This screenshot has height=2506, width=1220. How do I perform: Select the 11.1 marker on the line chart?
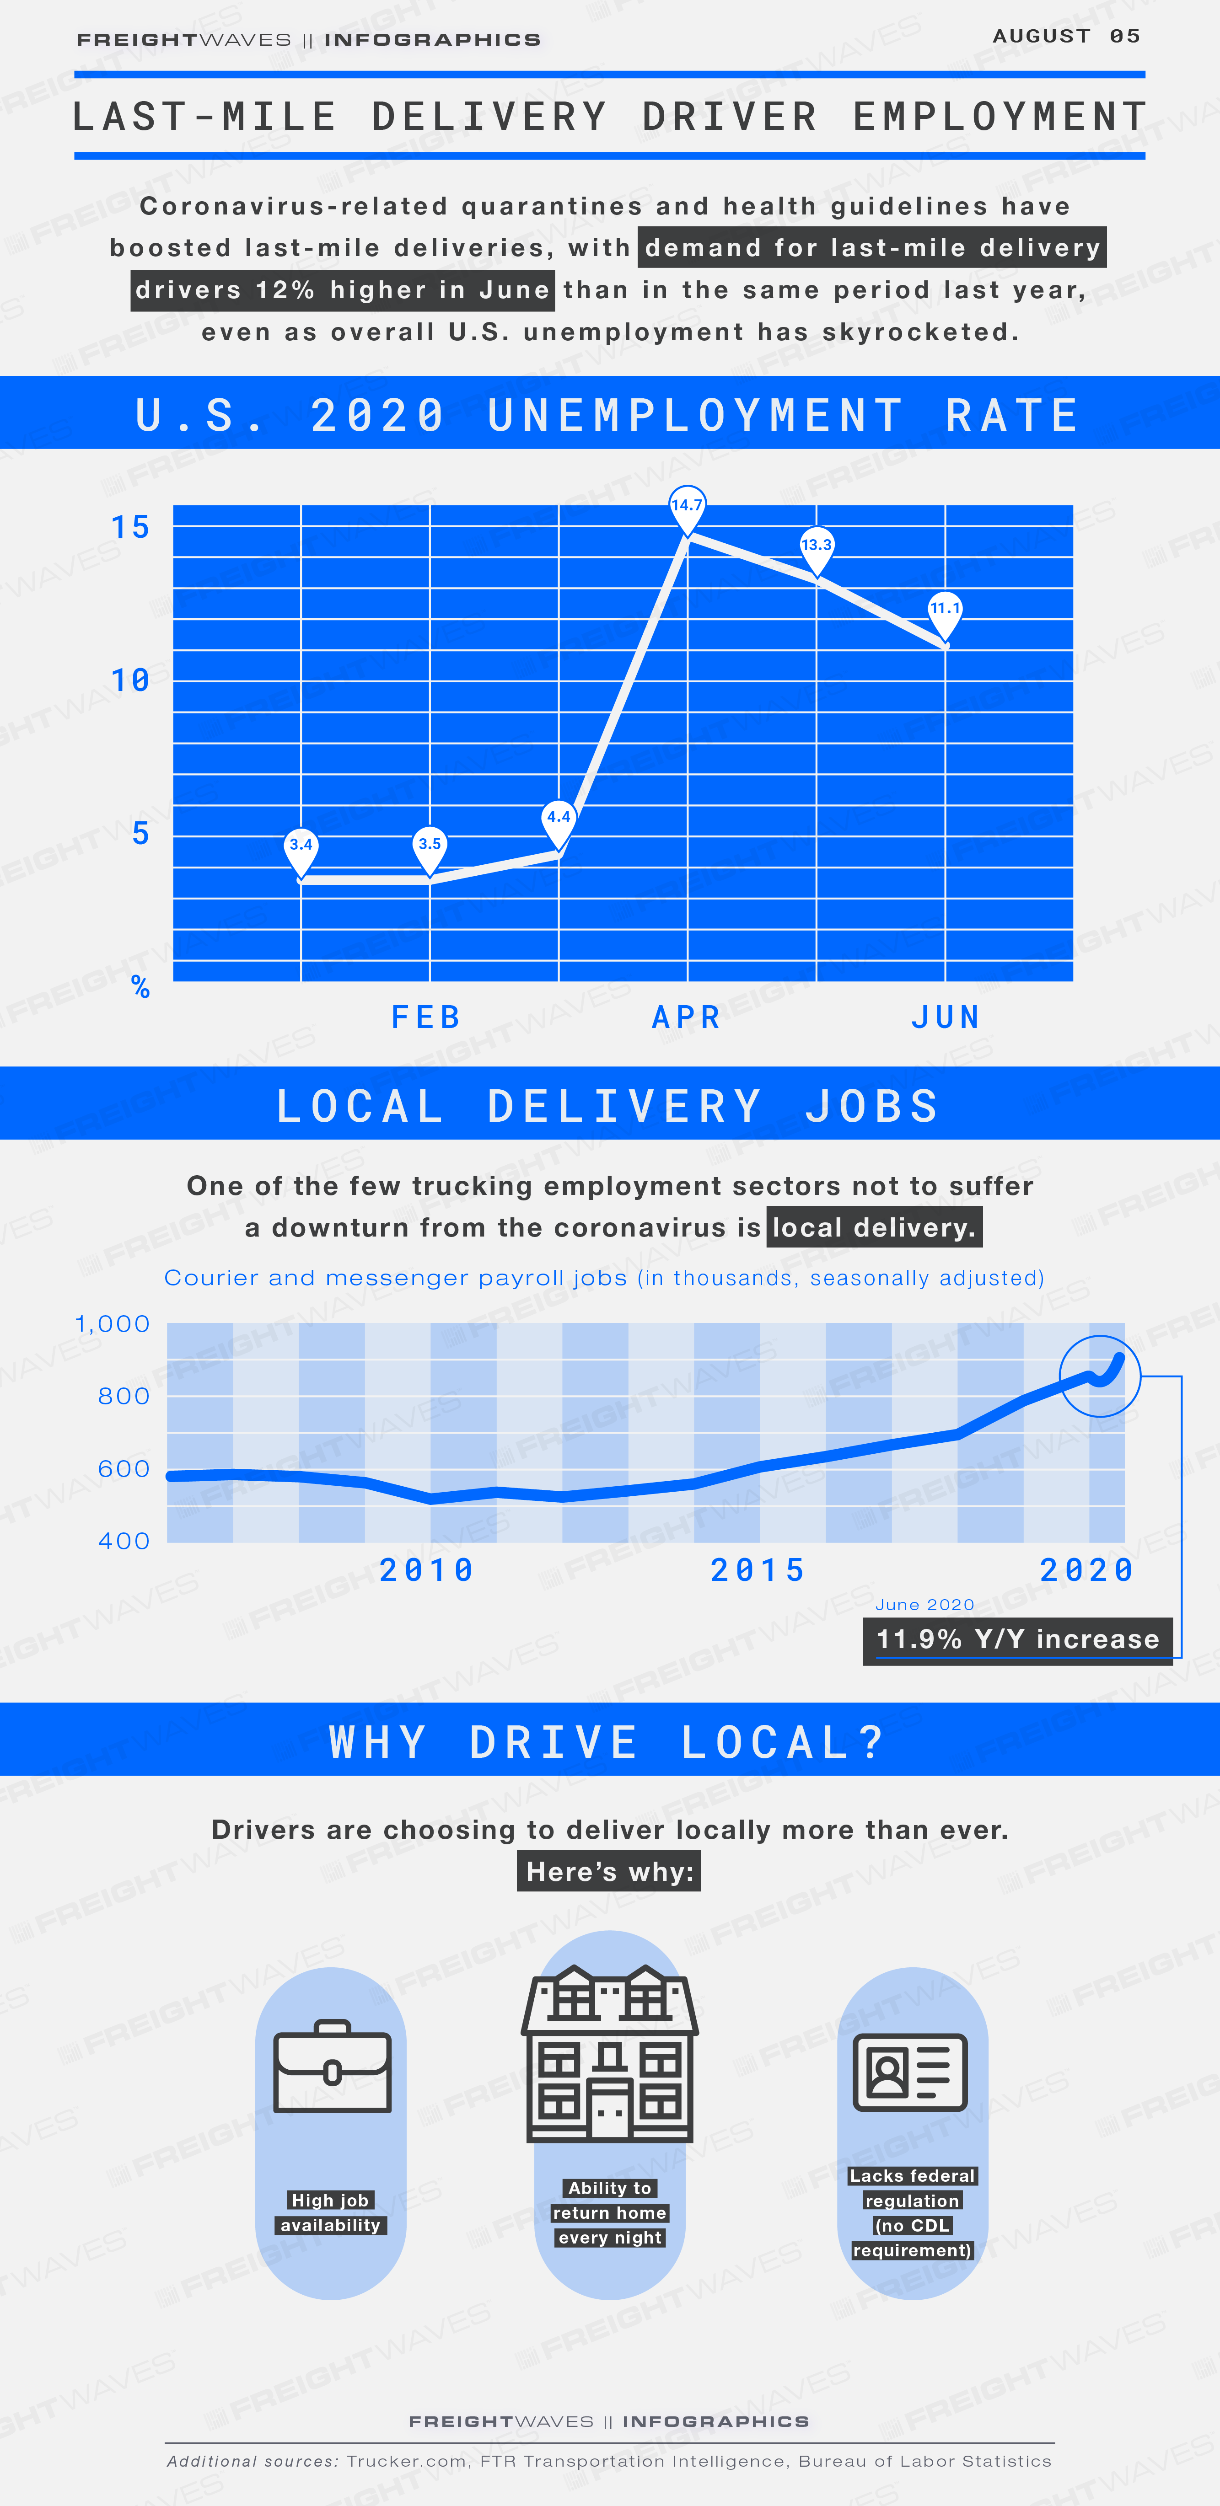pos(945,613)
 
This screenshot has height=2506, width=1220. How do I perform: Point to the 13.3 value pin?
pos(816,549)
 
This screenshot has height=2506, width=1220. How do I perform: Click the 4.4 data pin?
pos(559,820)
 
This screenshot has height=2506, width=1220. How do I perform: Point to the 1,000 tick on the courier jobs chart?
pos(113,1324)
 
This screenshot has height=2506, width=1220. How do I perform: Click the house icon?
pos(610,2053)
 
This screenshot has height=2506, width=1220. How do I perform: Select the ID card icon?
pos(911,2072)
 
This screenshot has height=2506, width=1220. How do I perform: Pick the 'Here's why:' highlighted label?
pos(609,1872)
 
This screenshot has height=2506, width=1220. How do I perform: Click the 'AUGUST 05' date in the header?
pos(1066,36)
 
